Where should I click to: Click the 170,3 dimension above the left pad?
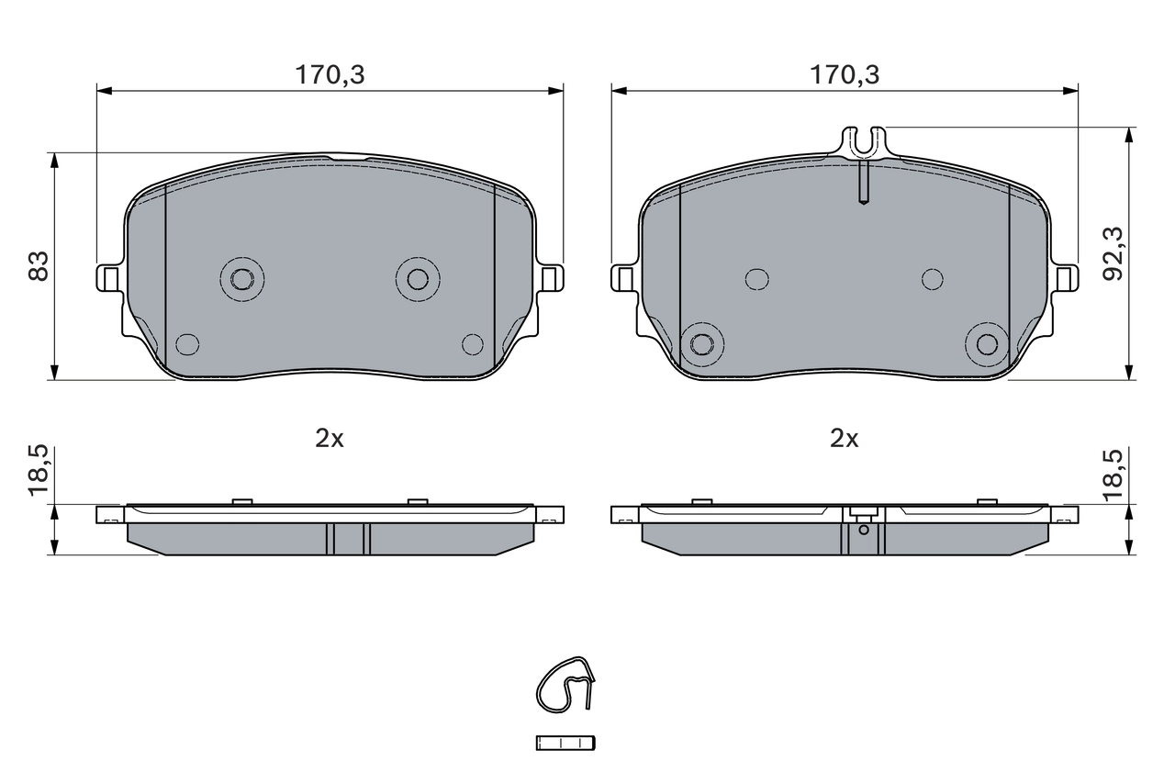pos(330,75)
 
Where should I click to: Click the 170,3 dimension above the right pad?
pos(845,75)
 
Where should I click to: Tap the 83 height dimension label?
pos(39,266)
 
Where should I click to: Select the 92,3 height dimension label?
pos(1113,253)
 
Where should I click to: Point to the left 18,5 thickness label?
pos(39,470)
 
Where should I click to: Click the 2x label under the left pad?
pos(330,439)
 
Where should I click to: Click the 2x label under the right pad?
pos(844,439)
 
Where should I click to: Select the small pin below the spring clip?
pos(565,743)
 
